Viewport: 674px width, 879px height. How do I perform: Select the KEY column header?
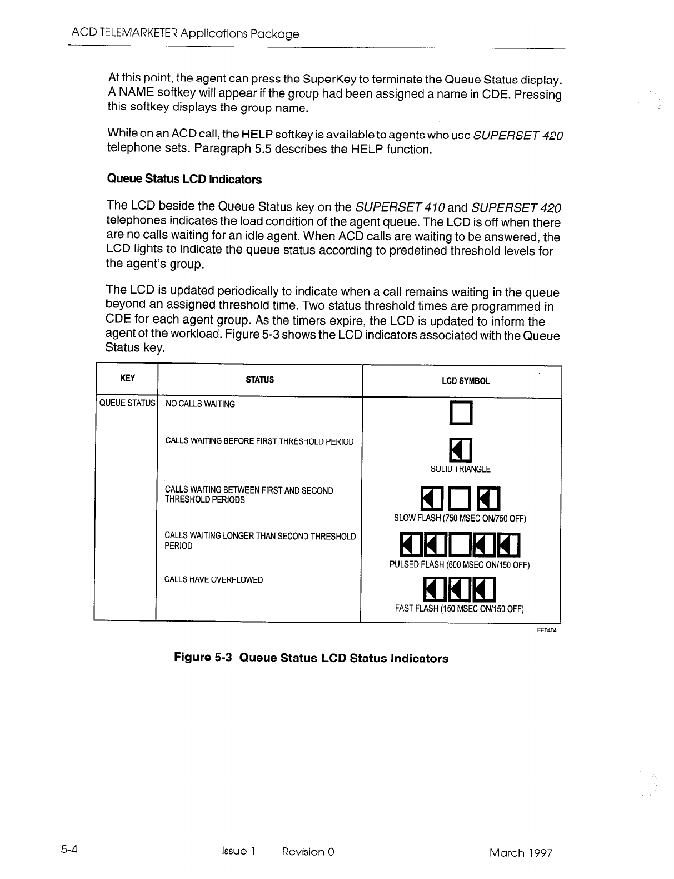(x=127, y=379)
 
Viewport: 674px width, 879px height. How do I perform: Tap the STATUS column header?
(x=260, y=380)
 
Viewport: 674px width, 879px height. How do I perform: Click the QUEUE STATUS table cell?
(x=127, y=403)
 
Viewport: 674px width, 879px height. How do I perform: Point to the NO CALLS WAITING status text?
(x=200, y=404)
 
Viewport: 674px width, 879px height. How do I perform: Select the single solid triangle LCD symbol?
(x=461, y=450)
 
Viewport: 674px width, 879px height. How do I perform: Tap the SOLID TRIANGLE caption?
(x=461, y=469)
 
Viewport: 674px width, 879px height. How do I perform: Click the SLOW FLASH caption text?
(x=460, y=518)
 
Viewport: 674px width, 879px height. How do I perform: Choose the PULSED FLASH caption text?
(x=460, y=565)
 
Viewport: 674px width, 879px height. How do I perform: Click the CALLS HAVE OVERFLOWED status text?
(x=214, y=579)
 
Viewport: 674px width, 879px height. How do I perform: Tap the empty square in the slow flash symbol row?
(x=461, y=498)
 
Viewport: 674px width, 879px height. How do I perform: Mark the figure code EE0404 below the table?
(x=547, y=630)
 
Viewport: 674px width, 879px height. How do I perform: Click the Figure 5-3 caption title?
(x=311, y=658)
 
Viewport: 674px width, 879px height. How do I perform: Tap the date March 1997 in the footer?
(x=521, y=852)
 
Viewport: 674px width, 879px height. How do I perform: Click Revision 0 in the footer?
(x=308, y=852)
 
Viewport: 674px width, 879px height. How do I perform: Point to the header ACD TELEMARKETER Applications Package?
(x=186, y=34)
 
